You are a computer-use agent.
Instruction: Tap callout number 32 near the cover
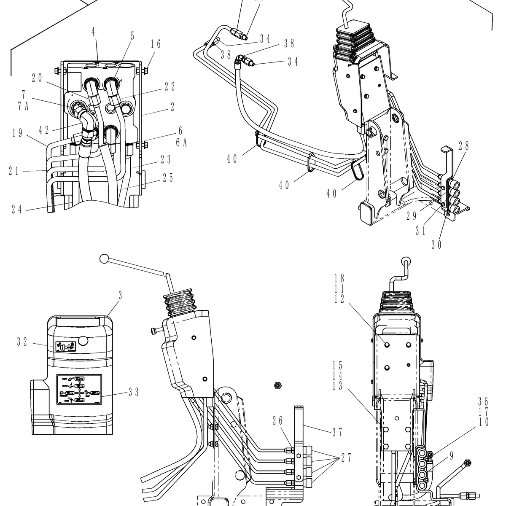(22, 342)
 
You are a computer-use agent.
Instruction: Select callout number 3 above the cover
(120, 296)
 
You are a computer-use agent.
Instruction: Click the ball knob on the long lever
(104, 259)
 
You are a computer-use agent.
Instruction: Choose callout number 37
(336, 432)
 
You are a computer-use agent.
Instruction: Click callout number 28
(463, 146)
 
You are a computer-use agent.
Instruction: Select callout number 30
(436, 245)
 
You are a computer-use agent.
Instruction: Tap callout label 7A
(23, 106)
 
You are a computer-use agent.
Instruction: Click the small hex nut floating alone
(277, 385)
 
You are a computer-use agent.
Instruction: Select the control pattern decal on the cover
(78, 390)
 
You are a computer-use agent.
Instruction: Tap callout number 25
(168, 178)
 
